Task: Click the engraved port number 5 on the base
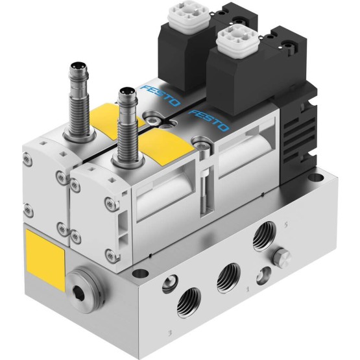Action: click(285, 226)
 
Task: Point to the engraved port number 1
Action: click(248, 289)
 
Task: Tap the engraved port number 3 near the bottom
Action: click(170, 333)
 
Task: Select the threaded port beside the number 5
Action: click(264, 237)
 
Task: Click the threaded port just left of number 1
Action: click(229, 278)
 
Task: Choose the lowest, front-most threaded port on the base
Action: click(189, 303)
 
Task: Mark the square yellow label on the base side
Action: click(45, 260)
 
